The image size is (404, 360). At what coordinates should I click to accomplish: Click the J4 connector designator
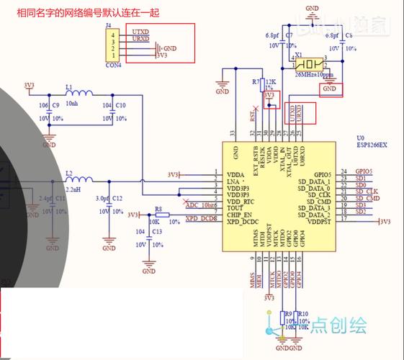point(109,25)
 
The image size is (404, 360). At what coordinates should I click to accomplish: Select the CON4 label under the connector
point(114,65)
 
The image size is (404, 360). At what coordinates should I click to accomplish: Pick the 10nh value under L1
point(71,103)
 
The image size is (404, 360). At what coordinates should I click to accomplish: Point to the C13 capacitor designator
point(156,232)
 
